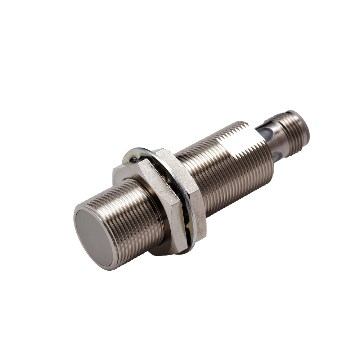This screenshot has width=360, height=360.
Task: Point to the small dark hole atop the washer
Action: (134, 158)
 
